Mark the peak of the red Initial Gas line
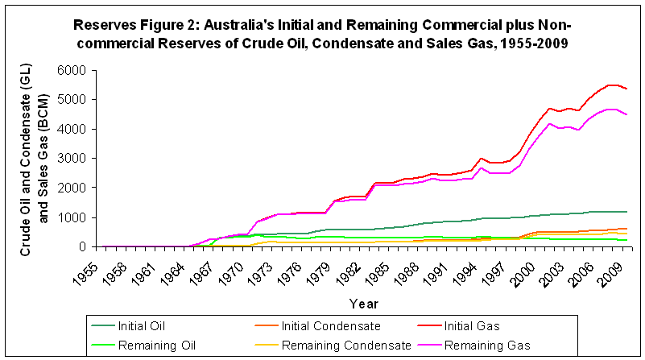tap(612, 85)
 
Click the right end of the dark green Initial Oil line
tap(627, 212)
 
